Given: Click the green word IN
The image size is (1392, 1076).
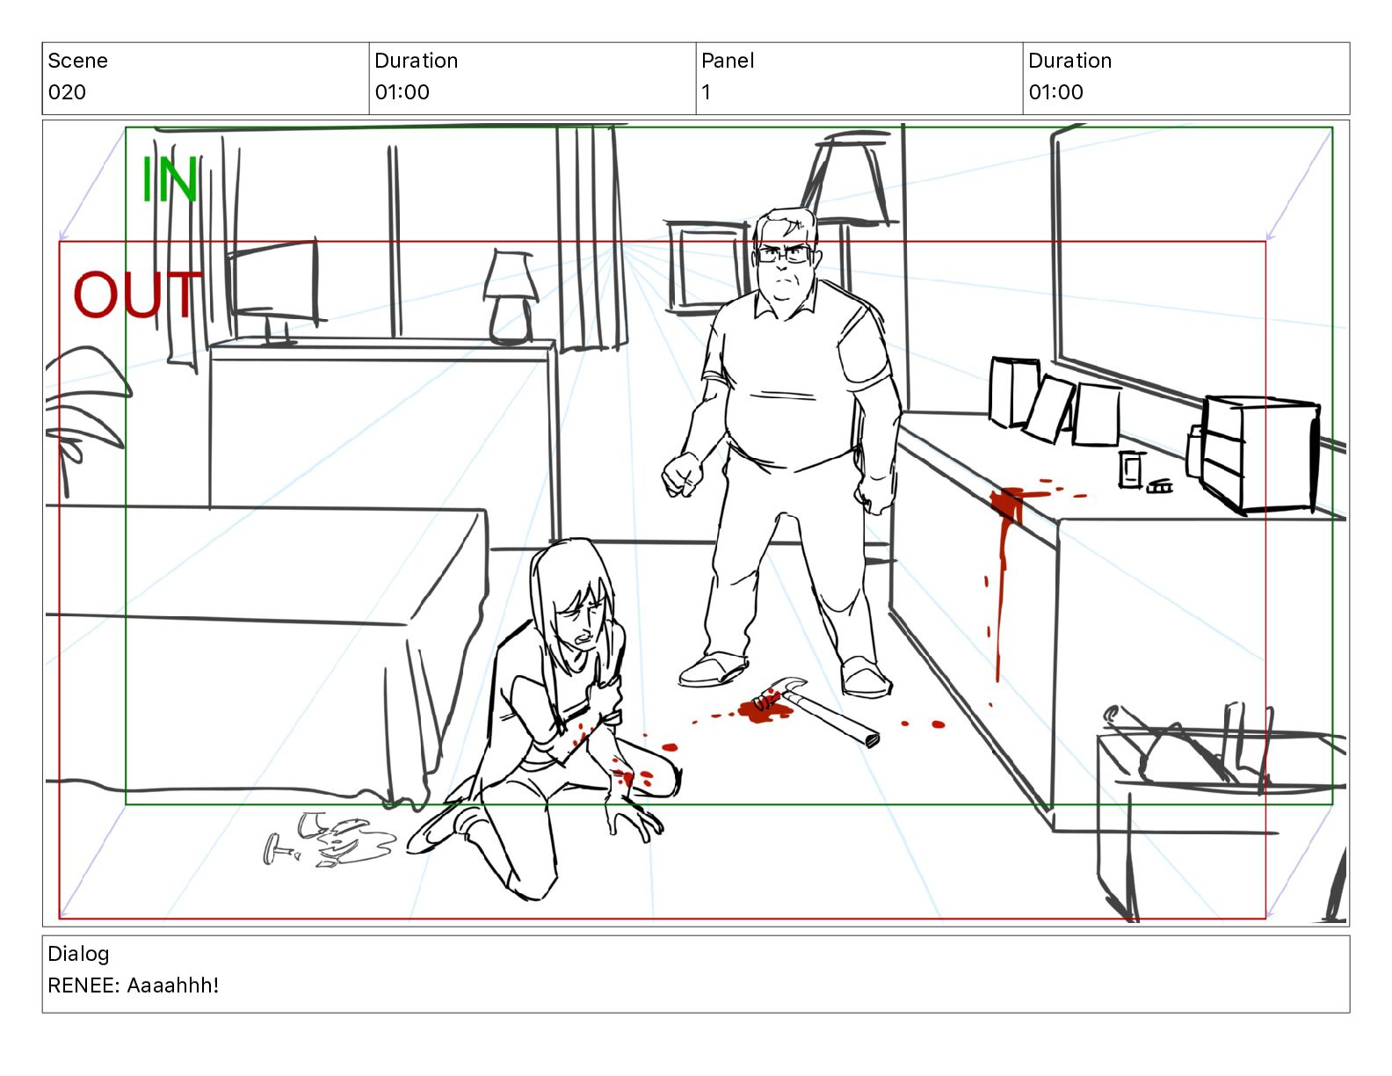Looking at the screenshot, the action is click(x=169, y=178).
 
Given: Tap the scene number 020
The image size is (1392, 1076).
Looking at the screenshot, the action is click(x=67, y=92).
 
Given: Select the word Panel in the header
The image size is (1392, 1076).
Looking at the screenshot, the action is click(x=727, y=61).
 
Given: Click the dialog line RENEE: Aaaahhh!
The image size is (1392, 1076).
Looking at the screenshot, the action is click(x=134, y=985).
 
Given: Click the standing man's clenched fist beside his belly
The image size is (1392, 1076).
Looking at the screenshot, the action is click(x=682, y=474).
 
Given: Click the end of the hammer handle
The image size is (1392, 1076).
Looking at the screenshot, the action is click(x=872, y=739).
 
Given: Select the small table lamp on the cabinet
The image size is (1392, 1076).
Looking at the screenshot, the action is click(x=511, y=298).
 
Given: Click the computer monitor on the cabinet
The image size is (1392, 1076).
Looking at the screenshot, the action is click(x=274, y=288).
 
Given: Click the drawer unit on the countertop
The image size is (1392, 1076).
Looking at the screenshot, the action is click(x=1258, y=454).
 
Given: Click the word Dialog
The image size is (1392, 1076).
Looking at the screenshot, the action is click(x=78, y=954).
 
